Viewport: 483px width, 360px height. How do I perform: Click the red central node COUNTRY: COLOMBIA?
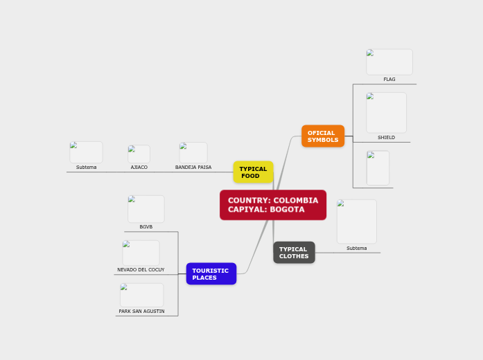[273, 205]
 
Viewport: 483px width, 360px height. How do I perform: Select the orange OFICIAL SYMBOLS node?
[323, 136]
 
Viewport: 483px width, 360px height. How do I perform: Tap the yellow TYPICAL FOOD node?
[253, 172]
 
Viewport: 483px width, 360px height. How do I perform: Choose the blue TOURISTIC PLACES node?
[211, 274]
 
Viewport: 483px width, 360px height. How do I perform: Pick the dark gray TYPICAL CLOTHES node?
[294, 253]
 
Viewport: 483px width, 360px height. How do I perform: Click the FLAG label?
[389, 80]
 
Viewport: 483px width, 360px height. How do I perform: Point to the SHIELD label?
[386, 138]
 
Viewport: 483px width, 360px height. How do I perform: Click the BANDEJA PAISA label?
[193, 168]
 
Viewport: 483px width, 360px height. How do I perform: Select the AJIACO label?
[139, 168]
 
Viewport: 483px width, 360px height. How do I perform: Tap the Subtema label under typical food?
[87, 168]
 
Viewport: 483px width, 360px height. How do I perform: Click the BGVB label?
[146, 227]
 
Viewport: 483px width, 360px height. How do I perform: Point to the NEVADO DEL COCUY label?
[141, 270]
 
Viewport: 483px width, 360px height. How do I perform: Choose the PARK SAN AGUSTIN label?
[141, 312]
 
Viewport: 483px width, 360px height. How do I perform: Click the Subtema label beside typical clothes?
[357, 249]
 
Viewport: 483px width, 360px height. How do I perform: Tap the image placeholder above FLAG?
[389, 62]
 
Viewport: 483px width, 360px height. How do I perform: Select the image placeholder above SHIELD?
[387, 112]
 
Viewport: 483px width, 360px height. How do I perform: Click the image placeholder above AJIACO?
[139, 154]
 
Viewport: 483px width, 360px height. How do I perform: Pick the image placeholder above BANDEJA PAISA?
[193, 152]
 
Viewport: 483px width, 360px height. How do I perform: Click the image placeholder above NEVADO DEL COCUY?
[141, 253]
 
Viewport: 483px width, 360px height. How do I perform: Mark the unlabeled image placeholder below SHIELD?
[378, 168]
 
